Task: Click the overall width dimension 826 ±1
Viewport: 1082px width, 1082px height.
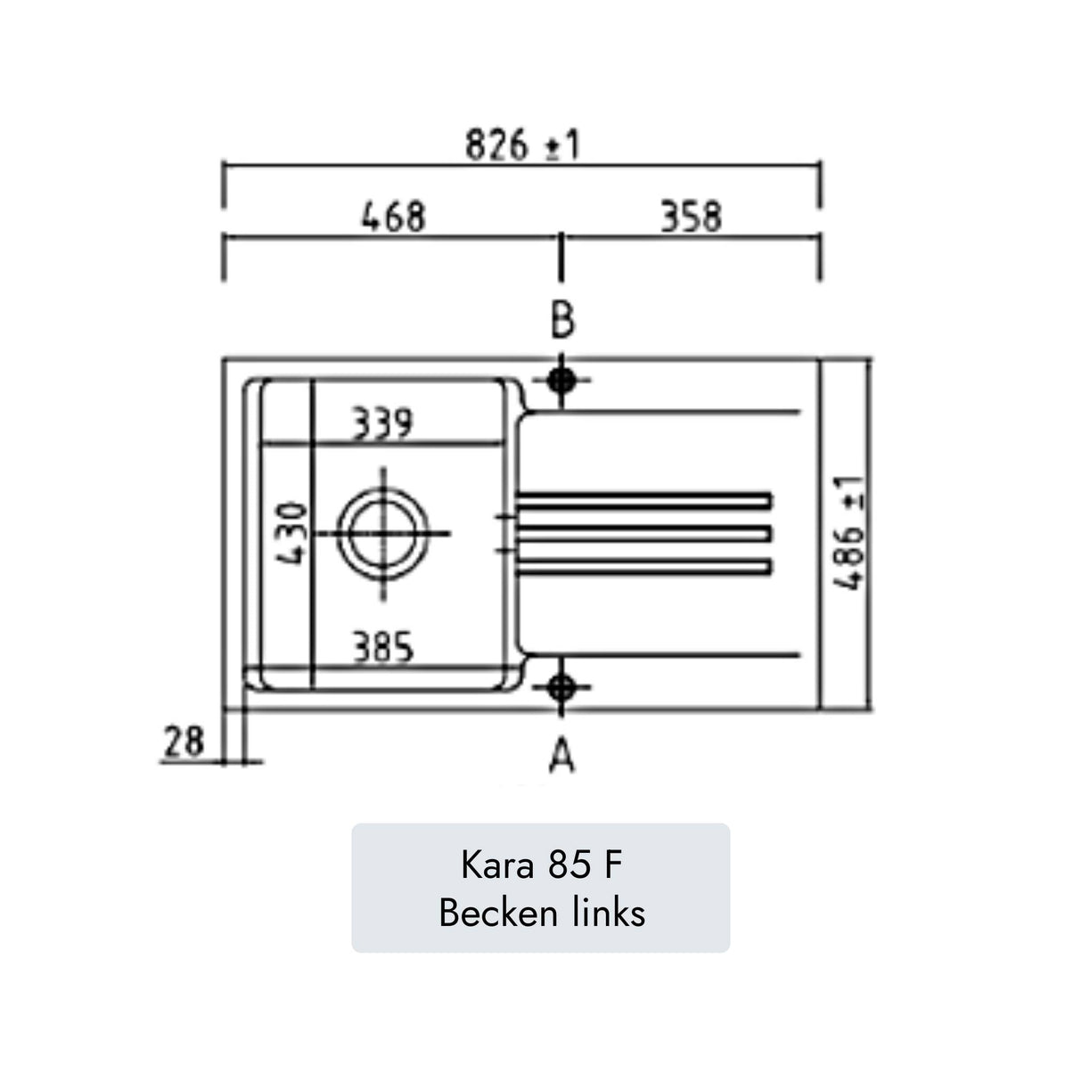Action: [x=522, y=144]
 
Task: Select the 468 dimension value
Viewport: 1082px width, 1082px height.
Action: [x=393, y=217]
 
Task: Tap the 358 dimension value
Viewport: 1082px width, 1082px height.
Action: [x=691, y=217]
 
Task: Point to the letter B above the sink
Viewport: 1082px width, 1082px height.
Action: [x=561, y=321]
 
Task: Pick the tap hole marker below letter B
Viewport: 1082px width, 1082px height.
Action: [x=561, y=381]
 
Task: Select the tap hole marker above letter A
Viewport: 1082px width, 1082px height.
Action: [x=561, y=687]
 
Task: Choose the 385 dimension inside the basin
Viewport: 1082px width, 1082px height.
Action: [x=382, y=647]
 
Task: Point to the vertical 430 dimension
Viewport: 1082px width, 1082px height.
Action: [x=293, y=533]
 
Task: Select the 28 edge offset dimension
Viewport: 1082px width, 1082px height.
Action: [x=184, y=742]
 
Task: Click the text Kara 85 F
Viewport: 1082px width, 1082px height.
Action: [x=541, y=865]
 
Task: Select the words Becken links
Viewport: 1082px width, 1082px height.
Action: [x=541, y=913]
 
